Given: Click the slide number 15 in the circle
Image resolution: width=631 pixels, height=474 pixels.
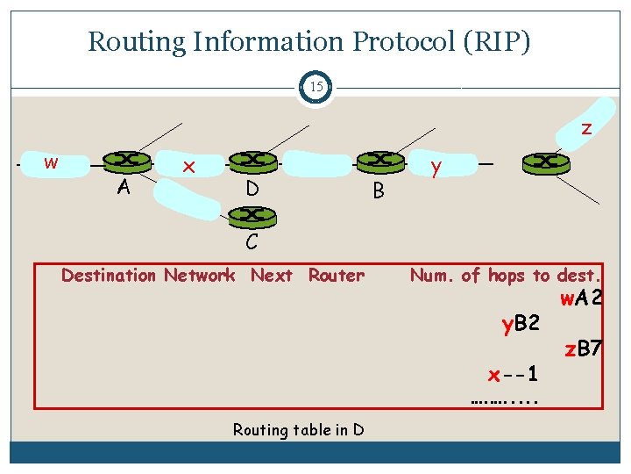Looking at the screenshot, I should (x=315, y=87).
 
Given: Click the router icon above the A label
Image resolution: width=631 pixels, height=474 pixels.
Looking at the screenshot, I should (x=126, y=161).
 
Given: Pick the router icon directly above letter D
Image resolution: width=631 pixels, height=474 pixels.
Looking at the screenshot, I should (x=252, y=161).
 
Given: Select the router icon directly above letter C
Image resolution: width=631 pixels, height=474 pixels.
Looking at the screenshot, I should (x=252, y=215).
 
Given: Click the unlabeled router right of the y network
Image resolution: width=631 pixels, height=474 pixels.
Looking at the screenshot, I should (x=545, y=162).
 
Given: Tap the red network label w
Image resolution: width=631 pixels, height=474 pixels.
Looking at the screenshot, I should (x=51, y=162).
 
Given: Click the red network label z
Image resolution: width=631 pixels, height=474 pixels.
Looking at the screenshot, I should (x=586, y=128).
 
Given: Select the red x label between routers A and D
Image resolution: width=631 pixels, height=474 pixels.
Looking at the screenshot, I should (x=187, y=166).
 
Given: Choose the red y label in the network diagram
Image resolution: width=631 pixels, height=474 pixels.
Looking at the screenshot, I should (x=436, y=167).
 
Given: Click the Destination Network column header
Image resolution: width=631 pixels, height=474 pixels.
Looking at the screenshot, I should (x=148, y=276).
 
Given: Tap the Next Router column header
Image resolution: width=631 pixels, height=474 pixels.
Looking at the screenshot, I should (x=308, y=276).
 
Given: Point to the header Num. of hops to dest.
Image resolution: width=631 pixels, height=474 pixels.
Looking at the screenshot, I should (x=506, y=276).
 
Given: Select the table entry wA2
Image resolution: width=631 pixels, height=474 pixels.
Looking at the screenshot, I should (x=581, y=298).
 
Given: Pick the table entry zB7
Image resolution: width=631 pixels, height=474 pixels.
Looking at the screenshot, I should (x=583, y=349).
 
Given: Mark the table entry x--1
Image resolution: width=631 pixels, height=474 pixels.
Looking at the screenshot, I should (x=513, y=375).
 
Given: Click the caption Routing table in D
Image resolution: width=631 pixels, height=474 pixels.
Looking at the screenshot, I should (x=298, y=429).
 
